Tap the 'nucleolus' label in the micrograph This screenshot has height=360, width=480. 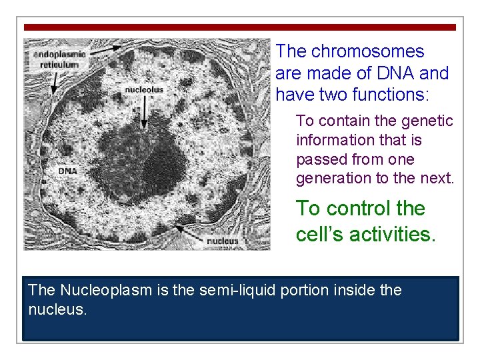tap(145, 88)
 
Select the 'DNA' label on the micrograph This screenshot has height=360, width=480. tap(67, 171)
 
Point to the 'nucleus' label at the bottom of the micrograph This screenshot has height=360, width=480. tap(222, 241)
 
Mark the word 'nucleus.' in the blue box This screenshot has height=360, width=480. tap(58, 309)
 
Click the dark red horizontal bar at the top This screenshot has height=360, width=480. tap(240, 27)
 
